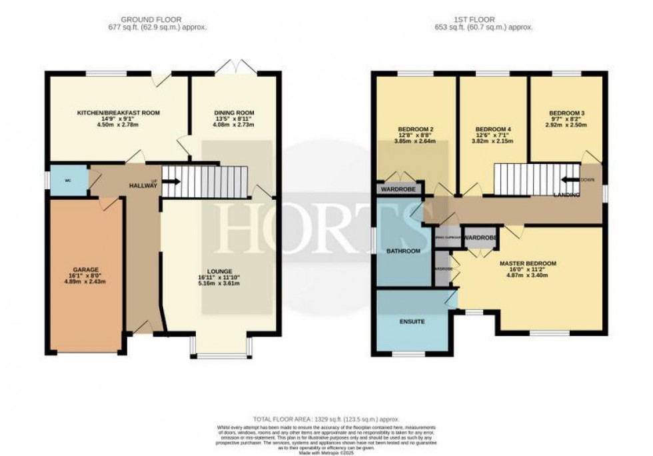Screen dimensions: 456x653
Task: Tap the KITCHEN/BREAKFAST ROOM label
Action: [118, 113]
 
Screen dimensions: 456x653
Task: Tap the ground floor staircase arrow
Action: [171, 181]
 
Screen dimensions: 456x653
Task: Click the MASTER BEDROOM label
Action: [528, 263]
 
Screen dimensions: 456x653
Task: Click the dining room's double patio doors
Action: [233, 68]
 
